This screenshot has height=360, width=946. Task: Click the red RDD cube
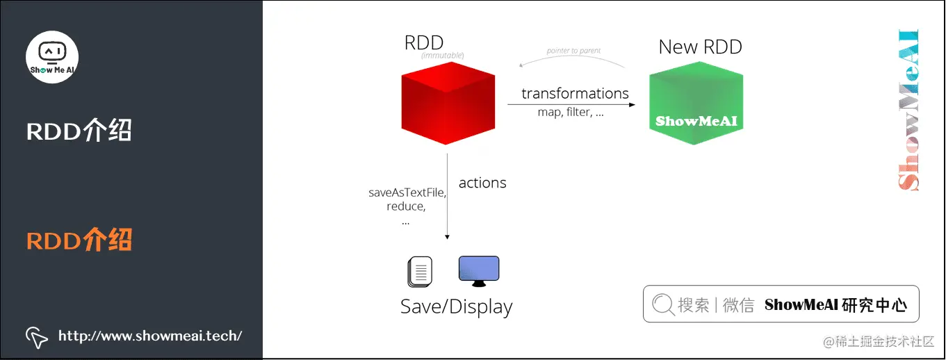pyautogui.click(x=448, y=102)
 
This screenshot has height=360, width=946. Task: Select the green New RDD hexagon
pyautogui.click(x=696, y=102)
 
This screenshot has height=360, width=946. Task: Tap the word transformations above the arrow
pyautogui.click(x=575, y=93)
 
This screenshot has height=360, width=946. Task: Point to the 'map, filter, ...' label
pyautogui.click(x=570, y=112)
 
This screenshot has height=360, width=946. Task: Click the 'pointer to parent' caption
pyautogui.click(x=573, y=51)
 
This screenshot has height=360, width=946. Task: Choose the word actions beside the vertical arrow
pyautogui.click(x=482, y=183)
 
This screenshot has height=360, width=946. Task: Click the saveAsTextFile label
pyautogui.click(x=407, y=193)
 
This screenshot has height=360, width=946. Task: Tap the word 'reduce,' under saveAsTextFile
pyautogui.click(x=406, y=206)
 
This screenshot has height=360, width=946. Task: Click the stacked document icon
pyautogui.click(x=420, y=272)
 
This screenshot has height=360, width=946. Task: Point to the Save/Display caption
pyautogui.click(x=456, y=306)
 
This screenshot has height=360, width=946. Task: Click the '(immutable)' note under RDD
pyautogui.click(x=442, y=56)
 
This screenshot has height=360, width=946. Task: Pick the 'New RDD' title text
pyautogui.click(x=700, y=47)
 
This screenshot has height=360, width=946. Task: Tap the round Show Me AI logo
pyautogui.click(x=52, y=57)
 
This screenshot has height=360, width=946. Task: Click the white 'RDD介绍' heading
pyautogui.click(x=79, y=131)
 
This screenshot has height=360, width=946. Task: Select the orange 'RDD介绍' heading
pyautogui.click(x=79, y=240)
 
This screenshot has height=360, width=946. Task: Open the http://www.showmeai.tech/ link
pyautogui.click(x=150, y=336)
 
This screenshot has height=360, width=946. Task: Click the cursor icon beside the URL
pyautogui.click(x=37, y=337)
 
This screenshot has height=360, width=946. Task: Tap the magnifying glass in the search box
pyautogui.click(x=663, y=304)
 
